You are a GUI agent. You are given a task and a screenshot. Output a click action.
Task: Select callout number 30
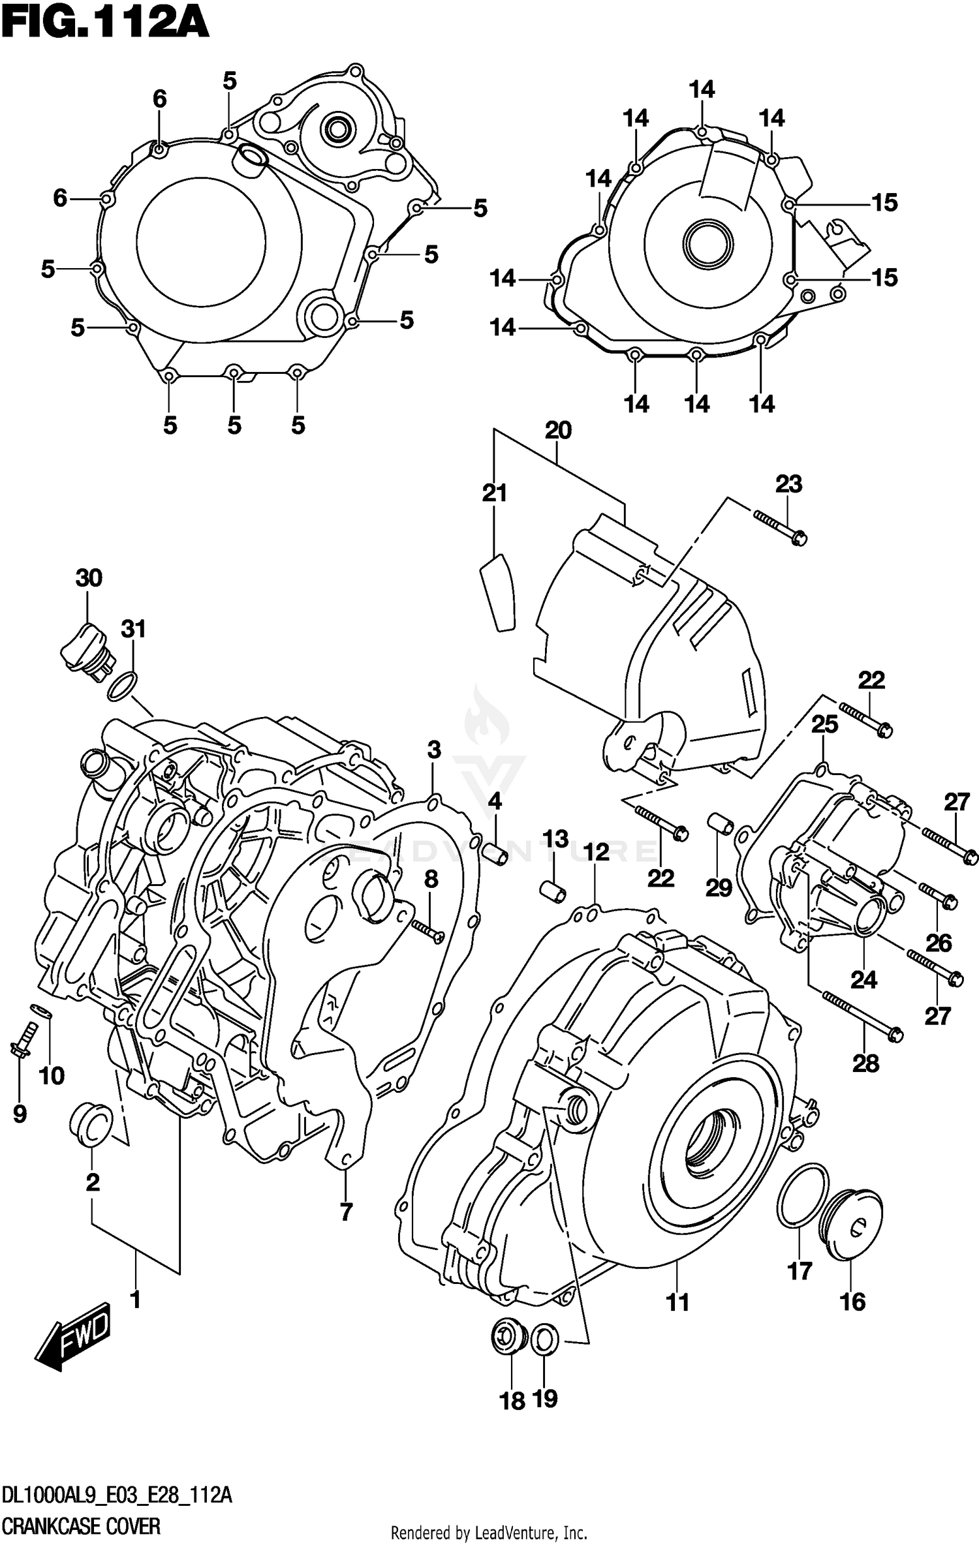pos(89,577)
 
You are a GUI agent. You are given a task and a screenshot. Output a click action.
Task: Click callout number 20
pos(558,430)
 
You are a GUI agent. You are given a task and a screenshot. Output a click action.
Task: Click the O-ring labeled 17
pos(803,1196)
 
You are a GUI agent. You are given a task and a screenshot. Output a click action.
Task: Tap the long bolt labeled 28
pos(863,1017)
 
